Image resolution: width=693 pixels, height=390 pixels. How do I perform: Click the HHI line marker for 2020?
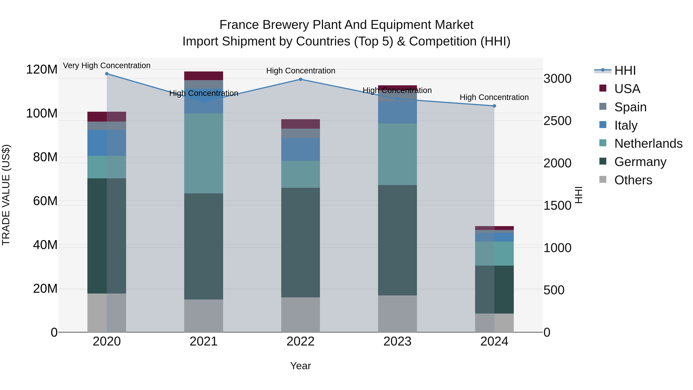point(107,74)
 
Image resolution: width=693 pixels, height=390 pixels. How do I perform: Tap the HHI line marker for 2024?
point(494,106)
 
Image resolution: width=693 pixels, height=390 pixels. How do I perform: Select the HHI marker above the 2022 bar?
point(300,79)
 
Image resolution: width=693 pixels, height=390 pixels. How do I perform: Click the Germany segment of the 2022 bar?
point(300,242)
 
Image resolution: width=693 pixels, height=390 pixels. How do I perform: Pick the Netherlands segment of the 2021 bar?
point(204,153)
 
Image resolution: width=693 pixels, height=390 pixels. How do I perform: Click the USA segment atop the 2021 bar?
point(204,76)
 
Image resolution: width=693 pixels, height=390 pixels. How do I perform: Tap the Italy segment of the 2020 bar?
point(107,143)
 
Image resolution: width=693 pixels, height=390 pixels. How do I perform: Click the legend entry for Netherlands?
point(648,143)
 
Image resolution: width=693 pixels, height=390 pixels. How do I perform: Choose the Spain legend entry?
point(630,107)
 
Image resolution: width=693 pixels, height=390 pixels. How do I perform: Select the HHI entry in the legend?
point(625,70)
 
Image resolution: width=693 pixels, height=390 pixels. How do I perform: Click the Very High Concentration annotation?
point(107,66)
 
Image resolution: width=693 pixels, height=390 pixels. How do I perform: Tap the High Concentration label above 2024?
point(494,97)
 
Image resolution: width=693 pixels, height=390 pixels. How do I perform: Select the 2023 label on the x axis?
point(397,341)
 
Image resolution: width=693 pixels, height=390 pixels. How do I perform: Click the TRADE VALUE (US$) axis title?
point(6,195)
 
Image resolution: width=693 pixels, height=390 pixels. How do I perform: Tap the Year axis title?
point(300,366)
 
